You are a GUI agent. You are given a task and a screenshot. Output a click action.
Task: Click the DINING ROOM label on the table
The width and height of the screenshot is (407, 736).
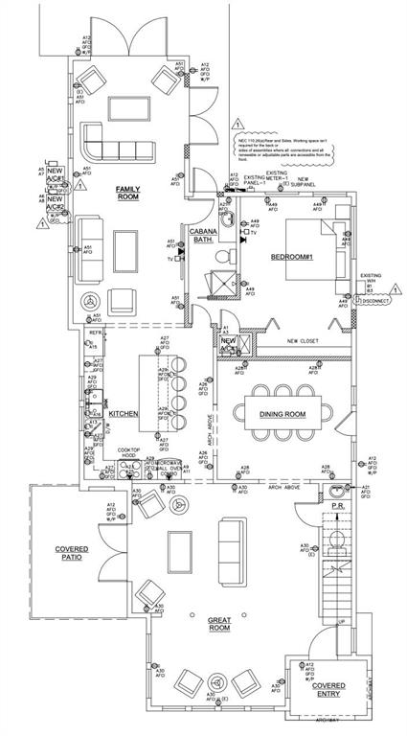pyautogui.click(x=283, y=413)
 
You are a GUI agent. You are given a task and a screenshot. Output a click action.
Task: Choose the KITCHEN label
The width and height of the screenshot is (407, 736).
pyautogui.click(x=124, y=413)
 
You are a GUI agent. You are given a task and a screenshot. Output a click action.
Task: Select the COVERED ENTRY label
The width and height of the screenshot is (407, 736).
pyautogui.click(x=328, y=691)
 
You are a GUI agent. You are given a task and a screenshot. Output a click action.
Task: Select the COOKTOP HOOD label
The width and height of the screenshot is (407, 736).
pyautogui.click(x=129, y=453)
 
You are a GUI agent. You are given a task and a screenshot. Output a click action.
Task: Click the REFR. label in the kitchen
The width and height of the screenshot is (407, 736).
pyautogui.click(x=96, y=333)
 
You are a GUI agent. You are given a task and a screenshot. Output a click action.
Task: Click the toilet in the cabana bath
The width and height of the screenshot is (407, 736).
pyautogui.click(x=224, y=258)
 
